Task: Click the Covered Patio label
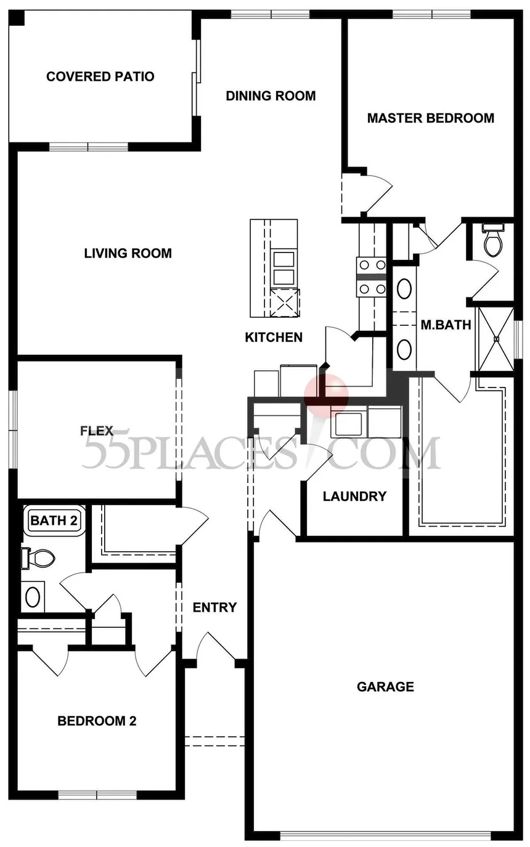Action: click(100, 77)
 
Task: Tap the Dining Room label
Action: click(271, 96)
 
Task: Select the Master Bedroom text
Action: click(430, 118)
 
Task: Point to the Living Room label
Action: click(128, 253)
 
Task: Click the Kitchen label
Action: click(274, 337)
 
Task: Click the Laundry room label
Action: click(354, 496)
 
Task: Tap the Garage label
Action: click(385, 686)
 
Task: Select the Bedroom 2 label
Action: click(97, 721)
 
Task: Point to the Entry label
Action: click(214, 607)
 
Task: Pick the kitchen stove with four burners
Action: click(372, 277)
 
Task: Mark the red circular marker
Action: click(327, 393)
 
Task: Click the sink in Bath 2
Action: click(33, 596)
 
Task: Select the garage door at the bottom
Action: click(385, 835)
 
